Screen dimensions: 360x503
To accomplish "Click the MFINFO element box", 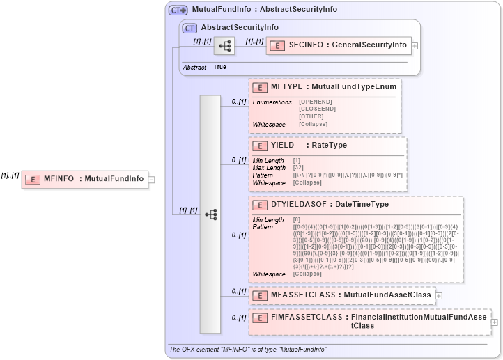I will point(84,179).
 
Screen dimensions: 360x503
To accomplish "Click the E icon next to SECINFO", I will point(277,45).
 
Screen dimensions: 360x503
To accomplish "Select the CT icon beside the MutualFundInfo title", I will point(178,10).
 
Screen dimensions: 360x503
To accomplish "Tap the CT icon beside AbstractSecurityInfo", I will point(189,28).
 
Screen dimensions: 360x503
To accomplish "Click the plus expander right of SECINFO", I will point(415,45).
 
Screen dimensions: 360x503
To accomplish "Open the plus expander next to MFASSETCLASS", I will point(439,295).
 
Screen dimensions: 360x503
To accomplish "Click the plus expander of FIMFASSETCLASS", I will point(495,322).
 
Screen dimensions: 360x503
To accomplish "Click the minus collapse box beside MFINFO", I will point(151,179).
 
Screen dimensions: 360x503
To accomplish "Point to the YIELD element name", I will point(282,146).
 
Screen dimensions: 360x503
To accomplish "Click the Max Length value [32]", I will point(297,168).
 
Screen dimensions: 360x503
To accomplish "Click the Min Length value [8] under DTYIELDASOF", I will point(297,220).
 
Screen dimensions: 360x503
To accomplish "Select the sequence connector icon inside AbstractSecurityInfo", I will point(224,46).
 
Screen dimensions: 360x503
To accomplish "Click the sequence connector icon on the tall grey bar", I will point(210,214).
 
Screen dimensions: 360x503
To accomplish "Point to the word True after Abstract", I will point(219,67).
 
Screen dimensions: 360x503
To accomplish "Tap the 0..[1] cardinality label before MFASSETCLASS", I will point(238,292).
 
